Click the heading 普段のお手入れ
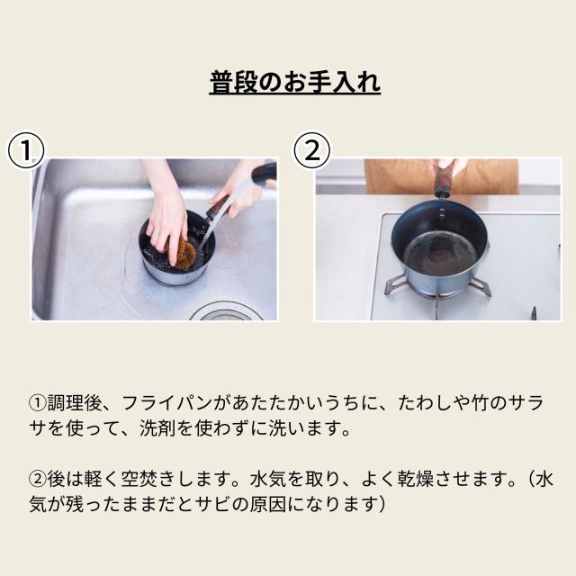click(294, 82)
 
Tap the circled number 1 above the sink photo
click(26, 150)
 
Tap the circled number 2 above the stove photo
click(312, 150)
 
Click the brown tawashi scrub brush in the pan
click(185, 253)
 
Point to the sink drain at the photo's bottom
click(226, 312)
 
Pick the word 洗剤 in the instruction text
click(157, 428)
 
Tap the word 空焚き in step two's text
click(148, 479)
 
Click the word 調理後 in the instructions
click(75, 403)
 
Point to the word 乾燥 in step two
click(416, 479)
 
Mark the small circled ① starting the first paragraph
click(38, 403)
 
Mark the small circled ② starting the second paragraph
click(38, 480)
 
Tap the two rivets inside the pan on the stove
click(442, 212)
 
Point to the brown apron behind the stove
click(441, 176)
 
